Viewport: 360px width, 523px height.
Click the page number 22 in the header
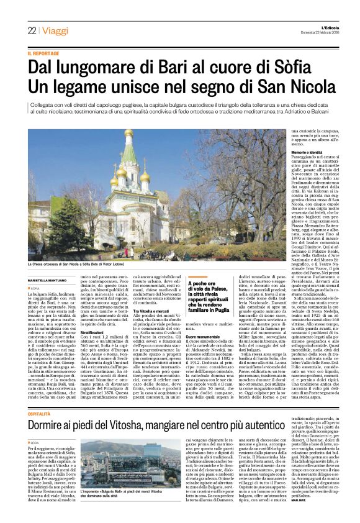(x=31, y=30)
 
